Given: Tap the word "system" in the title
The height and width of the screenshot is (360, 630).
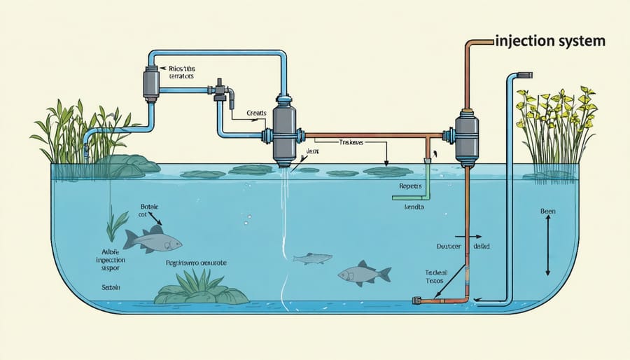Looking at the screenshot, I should pos(580,41).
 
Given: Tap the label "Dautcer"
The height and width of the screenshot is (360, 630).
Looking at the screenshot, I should pos(440,247).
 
